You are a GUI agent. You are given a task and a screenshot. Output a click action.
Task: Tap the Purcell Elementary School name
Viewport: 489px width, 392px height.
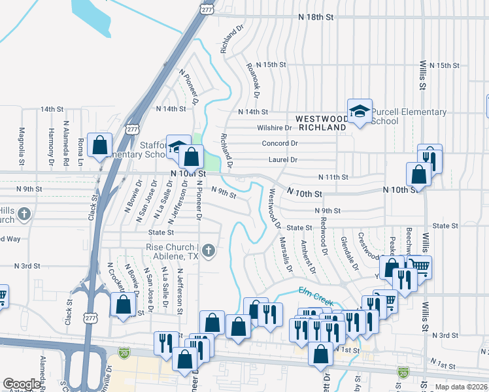click(409, 116)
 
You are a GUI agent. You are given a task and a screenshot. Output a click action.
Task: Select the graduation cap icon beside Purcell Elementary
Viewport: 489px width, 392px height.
click(359, 111)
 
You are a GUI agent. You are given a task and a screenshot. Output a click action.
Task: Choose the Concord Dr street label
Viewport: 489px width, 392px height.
click(280, 143)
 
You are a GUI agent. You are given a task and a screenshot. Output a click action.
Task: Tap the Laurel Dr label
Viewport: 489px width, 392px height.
click(282, 159)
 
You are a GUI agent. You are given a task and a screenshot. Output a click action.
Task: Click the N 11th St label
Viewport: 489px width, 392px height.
click(333, 177)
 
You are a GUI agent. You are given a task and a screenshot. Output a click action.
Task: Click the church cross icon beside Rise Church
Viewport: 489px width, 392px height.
click(209, 250)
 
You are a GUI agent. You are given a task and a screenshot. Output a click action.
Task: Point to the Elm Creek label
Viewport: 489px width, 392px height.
click(316, 296)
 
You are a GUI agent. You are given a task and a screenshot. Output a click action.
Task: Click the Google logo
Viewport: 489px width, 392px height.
click(22, 384)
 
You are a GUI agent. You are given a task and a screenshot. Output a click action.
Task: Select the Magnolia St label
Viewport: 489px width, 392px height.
click(22, 146)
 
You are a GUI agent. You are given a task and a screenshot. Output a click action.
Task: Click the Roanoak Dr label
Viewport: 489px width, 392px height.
click(253, 81)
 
